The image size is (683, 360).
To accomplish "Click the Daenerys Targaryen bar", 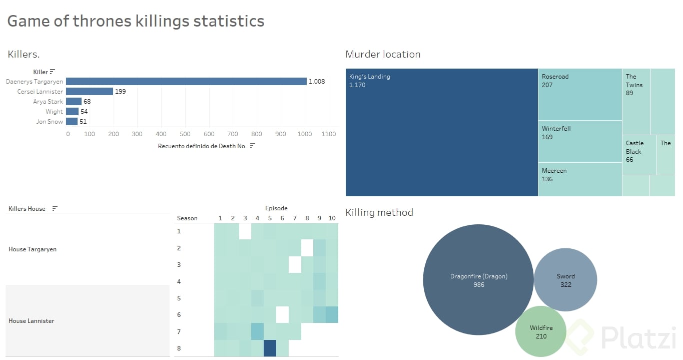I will pyautogui.click(x=186, y=81).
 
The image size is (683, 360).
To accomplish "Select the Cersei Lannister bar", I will pyautogui.click(x=89, y=91).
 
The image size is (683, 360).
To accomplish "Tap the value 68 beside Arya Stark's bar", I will pyautogui.click(x=87, y=102).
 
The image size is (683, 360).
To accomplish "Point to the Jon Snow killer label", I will pyautogui.click(x=50, y=122).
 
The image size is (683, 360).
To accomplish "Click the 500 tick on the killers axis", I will pyautogui.click(x=185, y=134).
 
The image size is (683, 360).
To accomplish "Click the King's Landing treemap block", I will pyautogui.click(x=441, y=132).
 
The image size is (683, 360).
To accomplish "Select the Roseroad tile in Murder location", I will pyautogui.click(x=579, y=95).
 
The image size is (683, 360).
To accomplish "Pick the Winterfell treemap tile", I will pyautogui.click(x=579, y=141).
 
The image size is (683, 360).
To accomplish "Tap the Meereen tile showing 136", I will pyautogui.click(x=579, y=179).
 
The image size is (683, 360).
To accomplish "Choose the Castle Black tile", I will pyautogui.click(x=638, y=154).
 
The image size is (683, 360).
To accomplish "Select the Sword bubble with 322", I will pyautogui.click(x=565, y=280).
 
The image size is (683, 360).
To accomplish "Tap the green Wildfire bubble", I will pyautogui.click(x=541, y=332).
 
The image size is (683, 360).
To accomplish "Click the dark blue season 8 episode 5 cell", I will pyautogui.click(x=270, y=348).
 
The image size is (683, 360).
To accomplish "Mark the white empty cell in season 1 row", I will pyautogui.click(x=245, y=231).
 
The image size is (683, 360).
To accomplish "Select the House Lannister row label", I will pyautogui.click(x=32, y=321).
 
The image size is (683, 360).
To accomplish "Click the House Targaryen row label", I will pyautogui.click(x=33, y=249).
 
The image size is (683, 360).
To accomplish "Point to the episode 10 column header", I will pyautogui.click(x=332, y=218).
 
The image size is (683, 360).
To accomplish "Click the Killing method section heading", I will pyautogui.click(x=379, y=212).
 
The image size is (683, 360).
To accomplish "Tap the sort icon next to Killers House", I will pyautogui.click(x=55, y=209).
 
